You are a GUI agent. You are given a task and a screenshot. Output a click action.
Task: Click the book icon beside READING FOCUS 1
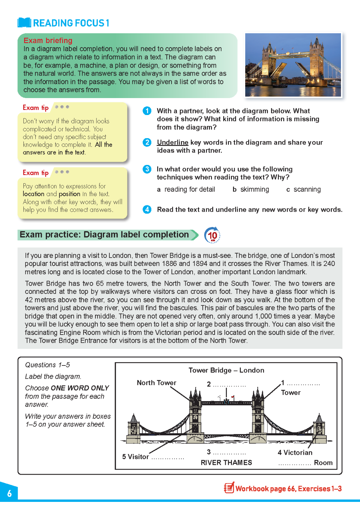(x=24, y=23)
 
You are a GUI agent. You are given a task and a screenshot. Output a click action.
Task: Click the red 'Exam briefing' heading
(x=48, y=41)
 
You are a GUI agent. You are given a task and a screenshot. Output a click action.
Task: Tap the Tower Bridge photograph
(x=293, y=65)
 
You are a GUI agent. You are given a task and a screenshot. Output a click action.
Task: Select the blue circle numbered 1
(x=147, y=111)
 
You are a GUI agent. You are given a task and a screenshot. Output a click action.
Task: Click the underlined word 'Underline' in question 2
(x=173, y=143)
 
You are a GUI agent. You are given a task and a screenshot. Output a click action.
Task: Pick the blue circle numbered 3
(x=147, y=169)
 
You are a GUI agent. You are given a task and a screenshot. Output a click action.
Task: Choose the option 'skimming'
(x=254, y=189)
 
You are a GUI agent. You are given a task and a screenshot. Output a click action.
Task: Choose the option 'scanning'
(x=307, y=189)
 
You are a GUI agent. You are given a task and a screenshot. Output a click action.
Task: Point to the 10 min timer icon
(x=212, y=235)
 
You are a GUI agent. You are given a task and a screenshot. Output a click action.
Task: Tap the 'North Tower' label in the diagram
(x=157, y=383)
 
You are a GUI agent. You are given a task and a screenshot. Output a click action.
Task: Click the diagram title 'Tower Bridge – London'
(x=226, y=370)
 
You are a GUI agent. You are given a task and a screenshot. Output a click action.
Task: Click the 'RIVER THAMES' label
(x=226, y=463)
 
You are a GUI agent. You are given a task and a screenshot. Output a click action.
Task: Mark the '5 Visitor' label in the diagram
(x=136, y=457)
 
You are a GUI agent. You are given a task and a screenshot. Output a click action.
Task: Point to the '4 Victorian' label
(x=295, y=453)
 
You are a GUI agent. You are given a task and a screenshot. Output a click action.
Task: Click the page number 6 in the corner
(x=10, y=493)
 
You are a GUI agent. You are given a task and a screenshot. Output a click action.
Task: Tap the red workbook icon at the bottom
(x=229, y=488)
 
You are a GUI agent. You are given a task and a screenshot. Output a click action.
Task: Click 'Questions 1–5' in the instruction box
(x=48, y=365)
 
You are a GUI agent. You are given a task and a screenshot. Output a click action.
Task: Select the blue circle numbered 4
(x=147, y=209)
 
